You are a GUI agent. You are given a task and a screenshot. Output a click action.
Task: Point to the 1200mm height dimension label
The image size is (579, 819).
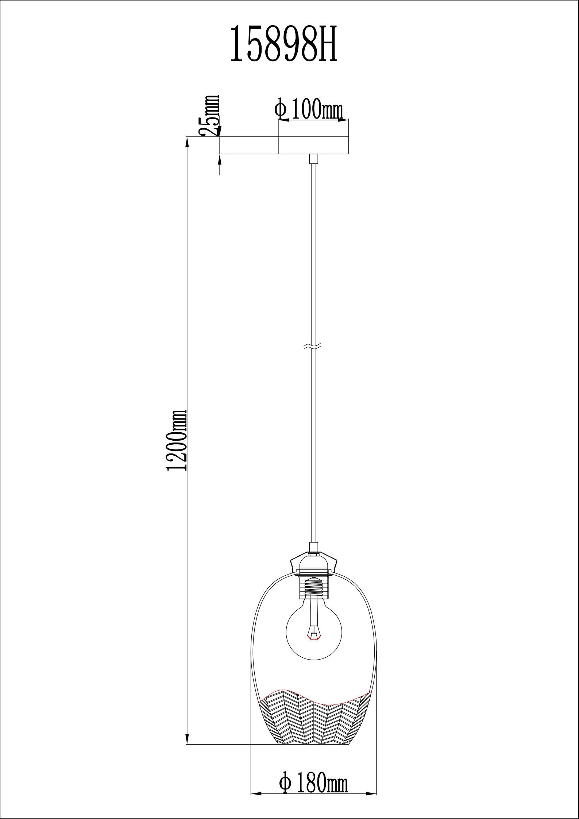pos(177,440)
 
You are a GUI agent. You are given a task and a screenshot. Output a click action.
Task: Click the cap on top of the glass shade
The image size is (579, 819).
pos(314,568)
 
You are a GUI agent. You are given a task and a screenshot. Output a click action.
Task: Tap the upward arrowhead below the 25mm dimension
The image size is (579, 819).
pos(220,159)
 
